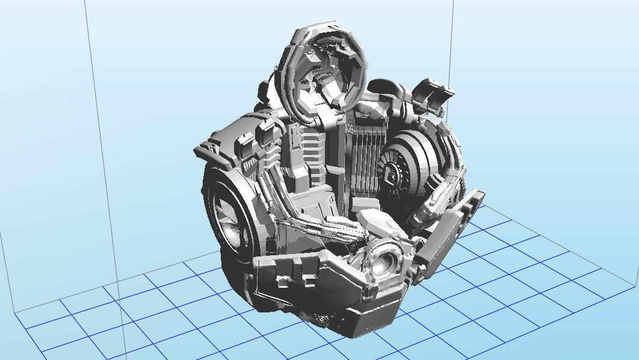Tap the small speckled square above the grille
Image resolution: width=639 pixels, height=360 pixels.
pos(350,127)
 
